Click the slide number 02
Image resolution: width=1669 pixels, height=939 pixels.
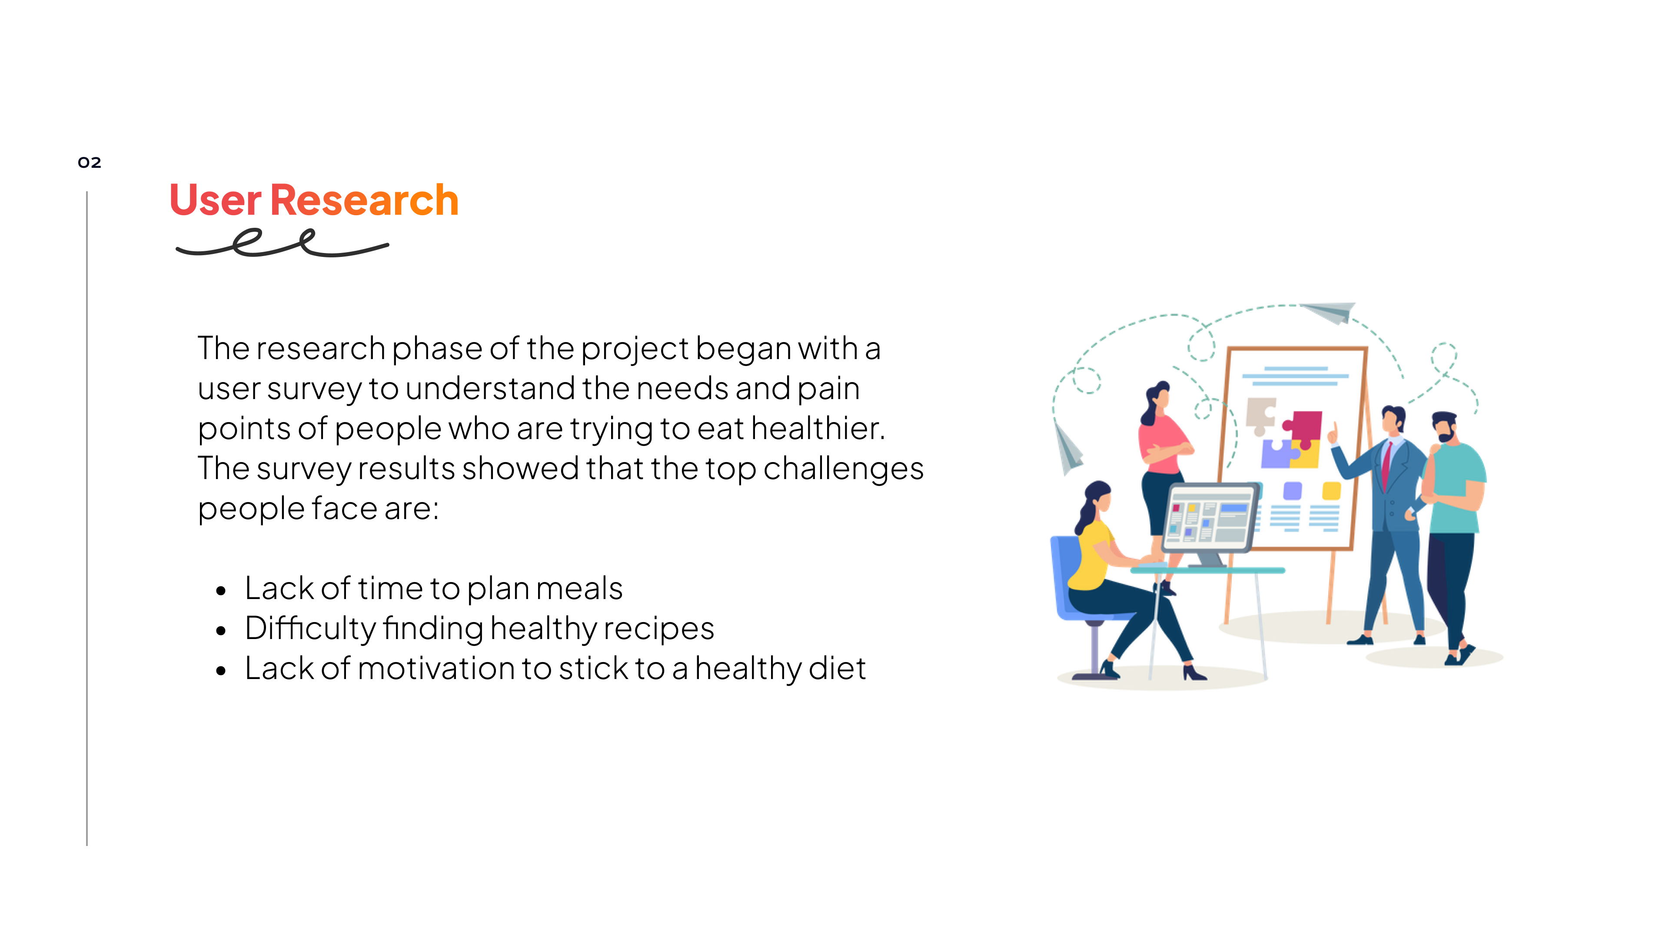point(90,162)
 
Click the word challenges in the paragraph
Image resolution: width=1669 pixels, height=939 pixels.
point(843,469)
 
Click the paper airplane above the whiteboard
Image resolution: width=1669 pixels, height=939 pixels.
point(1327,313)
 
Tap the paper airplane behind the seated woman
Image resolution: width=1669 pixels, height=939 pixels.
point(1068,448)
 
